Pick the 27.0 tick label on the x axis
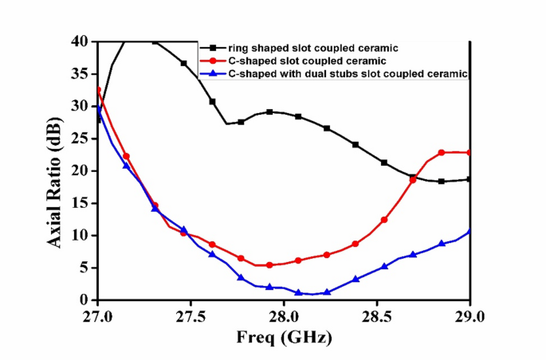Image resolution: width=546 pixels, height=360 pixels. (97, 316)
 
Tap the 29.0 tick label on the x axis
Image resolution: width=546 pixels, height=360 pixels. (469, 316)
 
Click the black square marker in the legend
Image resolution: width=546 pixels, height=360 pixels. (213, 49)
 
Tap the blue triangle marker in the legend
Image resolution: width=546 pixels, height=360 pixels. (213, 74)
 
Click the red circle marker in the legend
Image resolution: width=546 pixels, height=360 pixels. (213, 61)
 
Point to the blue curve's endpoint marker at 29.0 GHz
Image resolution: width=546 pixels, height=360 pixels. (469, 231)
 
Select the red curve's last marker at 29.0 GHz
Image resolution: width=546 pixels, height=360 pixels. (469, 152)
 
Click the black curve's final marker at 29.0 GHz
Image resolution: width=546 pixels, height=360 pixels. (469, 179)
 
